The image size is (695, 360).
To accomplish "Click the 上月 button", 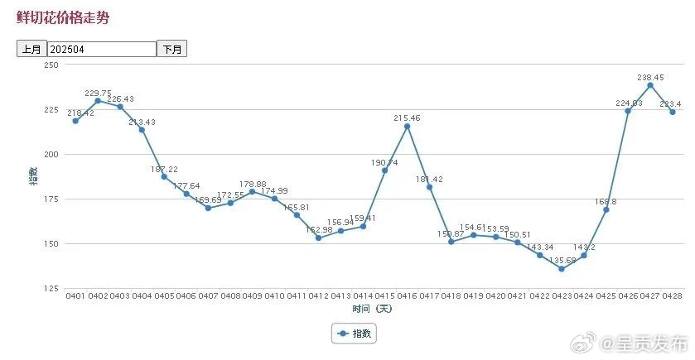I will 31,49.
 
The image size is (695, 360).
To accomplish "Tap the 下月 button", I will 172,49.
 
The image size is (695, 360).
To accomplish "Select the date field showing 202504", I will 102,49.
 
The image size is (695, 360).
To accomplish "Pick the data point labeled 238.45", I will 650,85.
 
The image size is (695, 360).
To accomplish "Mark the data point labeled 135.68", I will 562,269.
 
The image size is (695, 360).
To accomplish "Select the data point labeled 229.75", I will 98,101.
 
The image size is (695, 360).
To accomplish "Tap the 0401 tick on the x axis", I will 75,296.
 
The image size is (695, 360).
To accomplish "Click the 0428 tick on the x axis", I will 673,296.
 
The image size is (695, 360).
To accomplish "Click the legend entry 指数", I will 354,334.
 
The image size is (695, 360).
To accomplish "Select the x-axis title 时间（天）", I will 372,309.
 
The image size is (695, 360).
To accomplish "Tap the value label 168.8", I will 606,199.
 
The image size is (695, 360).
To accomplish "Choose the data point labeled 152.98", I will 318,238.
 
